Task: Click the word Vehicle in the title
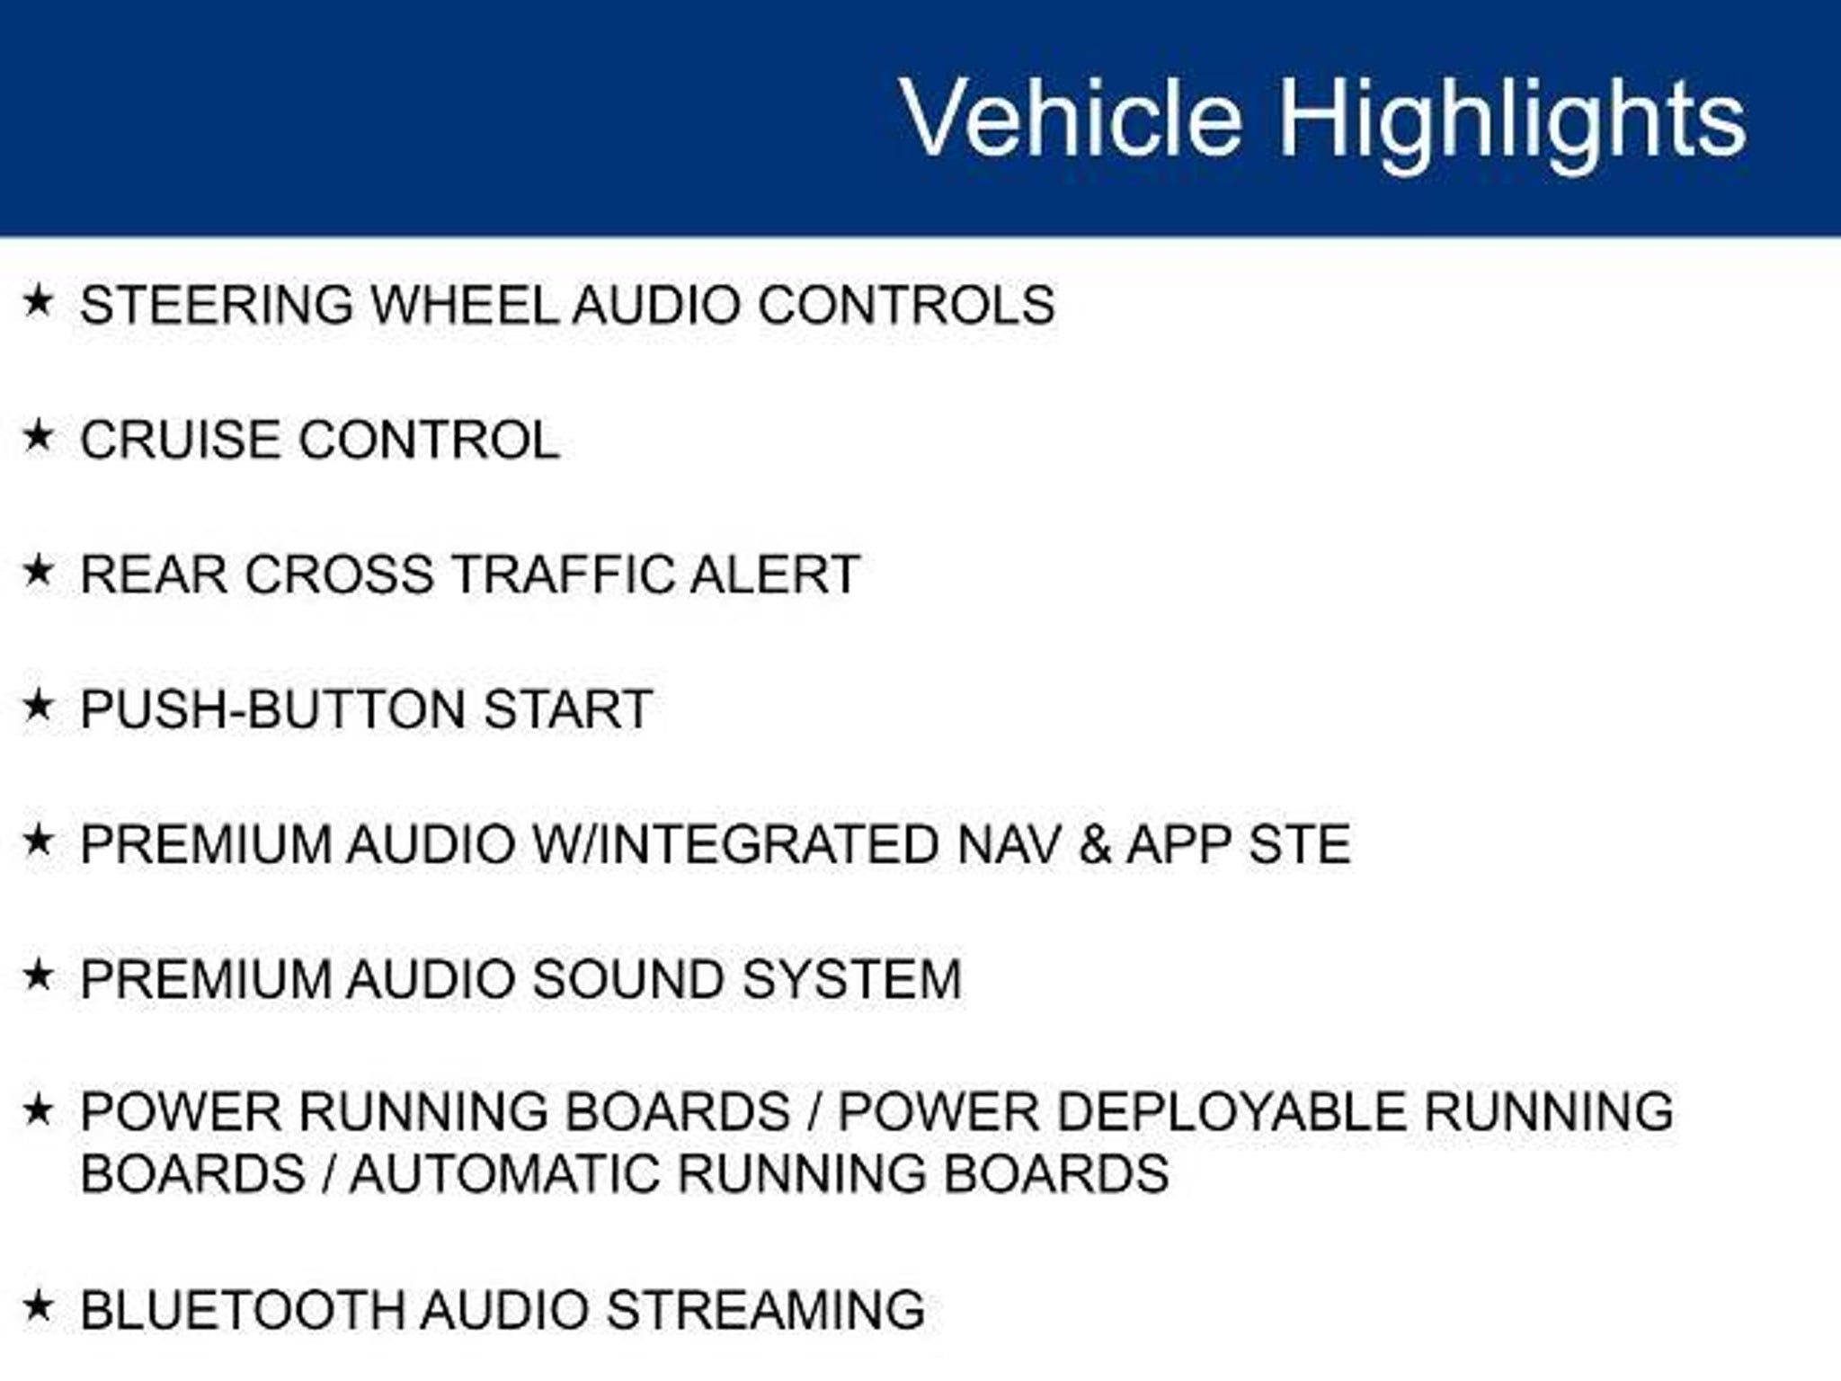point(1072,118)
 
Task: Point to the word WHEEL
point(465,305)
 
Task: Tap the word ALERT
point(775,575)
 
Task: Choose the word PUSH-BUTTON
point(274,709)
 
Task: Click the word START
point(568,709)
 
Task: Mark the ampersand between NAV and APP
point(1094,844)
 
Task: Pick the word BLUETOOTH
point(243,1310)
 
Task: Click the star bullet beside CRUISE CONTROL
point(39,436)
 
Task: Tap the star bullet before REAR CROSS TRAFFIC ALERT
point(39,571)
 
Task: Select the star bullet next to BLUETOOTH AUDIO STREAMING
point(39,1306)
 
